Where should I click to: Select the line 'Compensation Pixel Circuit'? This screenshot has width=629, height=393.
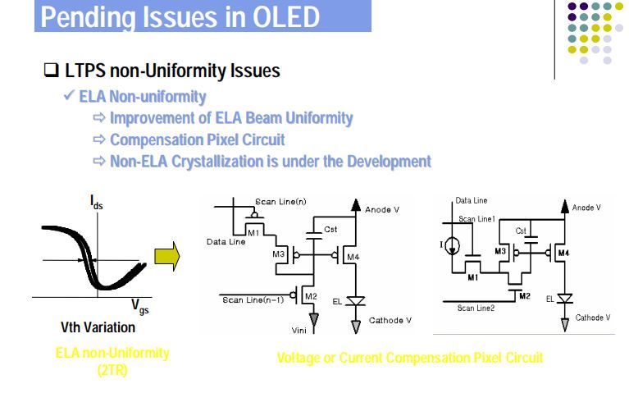[231, 139]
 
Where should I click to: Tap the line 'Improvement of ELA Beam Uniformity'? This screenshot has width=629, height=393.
[231, 118]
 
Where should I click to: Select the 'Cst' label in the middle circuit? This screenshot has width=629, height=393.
[330, 229]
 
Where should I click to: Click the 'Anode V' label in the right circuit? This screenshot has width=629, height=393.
[586, 208]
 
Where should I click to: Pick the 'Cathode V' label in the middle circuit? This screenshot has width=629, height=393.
[390, 320]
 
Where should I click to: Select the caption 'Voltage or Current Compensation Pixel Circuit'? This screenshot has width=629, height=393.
[410, 359]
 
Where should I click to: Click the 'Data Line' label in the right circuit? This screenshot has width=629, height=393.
[472, 200]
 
